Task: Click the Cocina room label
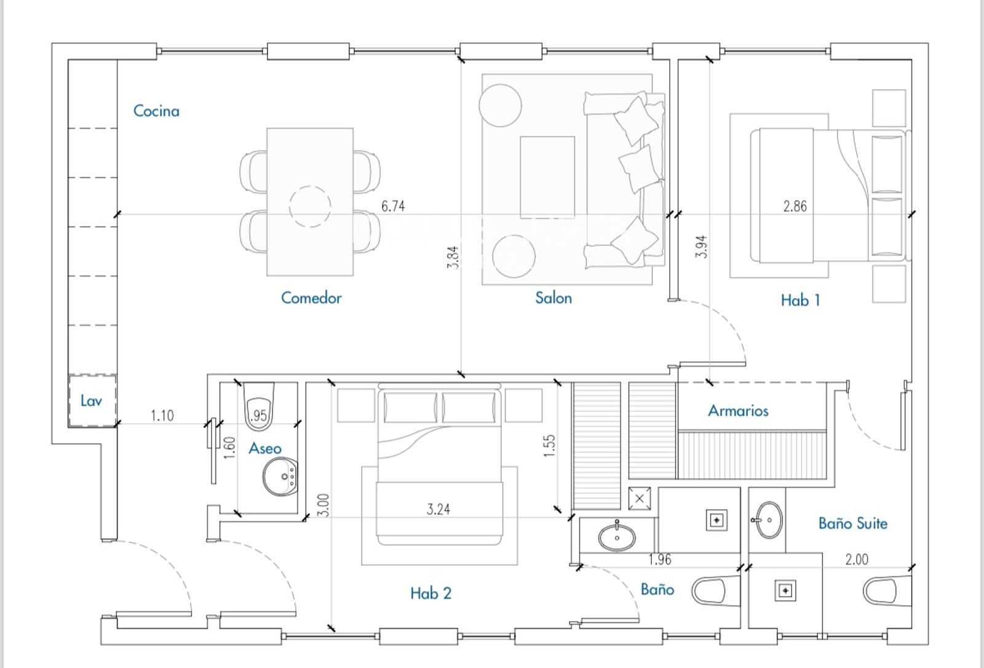156,111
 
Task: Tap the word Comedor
311,298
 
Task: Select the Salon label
553,298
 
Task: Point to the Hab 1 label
799,300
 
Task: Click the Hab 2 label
430,593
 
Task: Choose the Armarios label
737,410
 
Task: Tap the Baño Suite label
852,523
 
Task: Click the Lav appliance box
92,401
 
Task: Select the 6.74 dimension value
393,206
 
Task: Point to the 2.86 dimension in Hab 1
795,206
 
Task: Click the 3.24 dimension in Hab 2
438,509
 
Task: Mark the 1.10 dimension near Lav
162,416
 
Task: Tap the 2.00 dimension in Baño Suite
856,560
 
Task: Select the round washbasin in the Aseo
281,477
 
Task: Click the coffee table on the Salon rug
547,177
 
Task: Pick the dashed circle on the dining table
310,206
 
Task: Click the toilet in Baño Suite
884,591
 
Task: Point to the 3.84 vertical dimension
454,257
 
